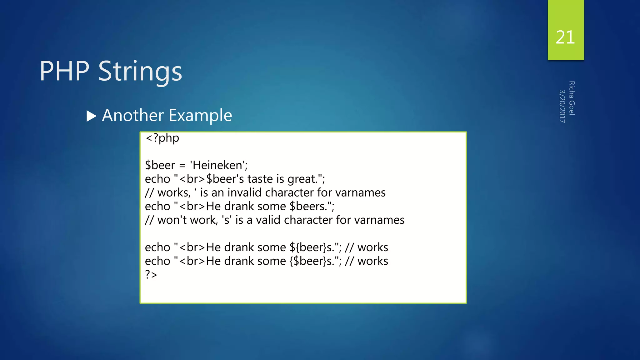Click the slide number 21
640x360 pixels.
pyautogui.click(x=565, y=37)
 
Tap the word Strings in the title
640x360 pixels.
pyautogui.click(x=140, y=72)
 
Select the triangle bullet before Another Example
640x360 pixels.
pyautogui.click(x=91, y=116)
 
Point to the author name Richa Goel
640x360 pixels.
pyautogui.click(x=572, y=98)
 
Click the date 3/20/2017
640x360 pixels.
pyautogui.click(x=562, y=106)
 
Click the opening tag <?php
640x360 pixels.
pyautogui.click(x=162, y=138)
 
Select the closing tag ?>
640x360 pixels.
pyautogui.click(x=151, y=274)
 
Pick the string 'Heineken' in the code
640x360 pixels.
pyautogui.click(x=218, y=165)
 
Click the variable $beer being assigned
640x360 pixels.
pyautogui.click(x=160, y=165)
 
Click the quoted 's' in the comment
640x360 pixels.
pyautogui.click(x=227, y=220)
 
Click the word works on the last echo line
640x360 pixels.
pyautogui.click(x=372, y=261)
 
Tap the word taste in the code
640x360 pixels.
pyautogui.click(x=260, y=179)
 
